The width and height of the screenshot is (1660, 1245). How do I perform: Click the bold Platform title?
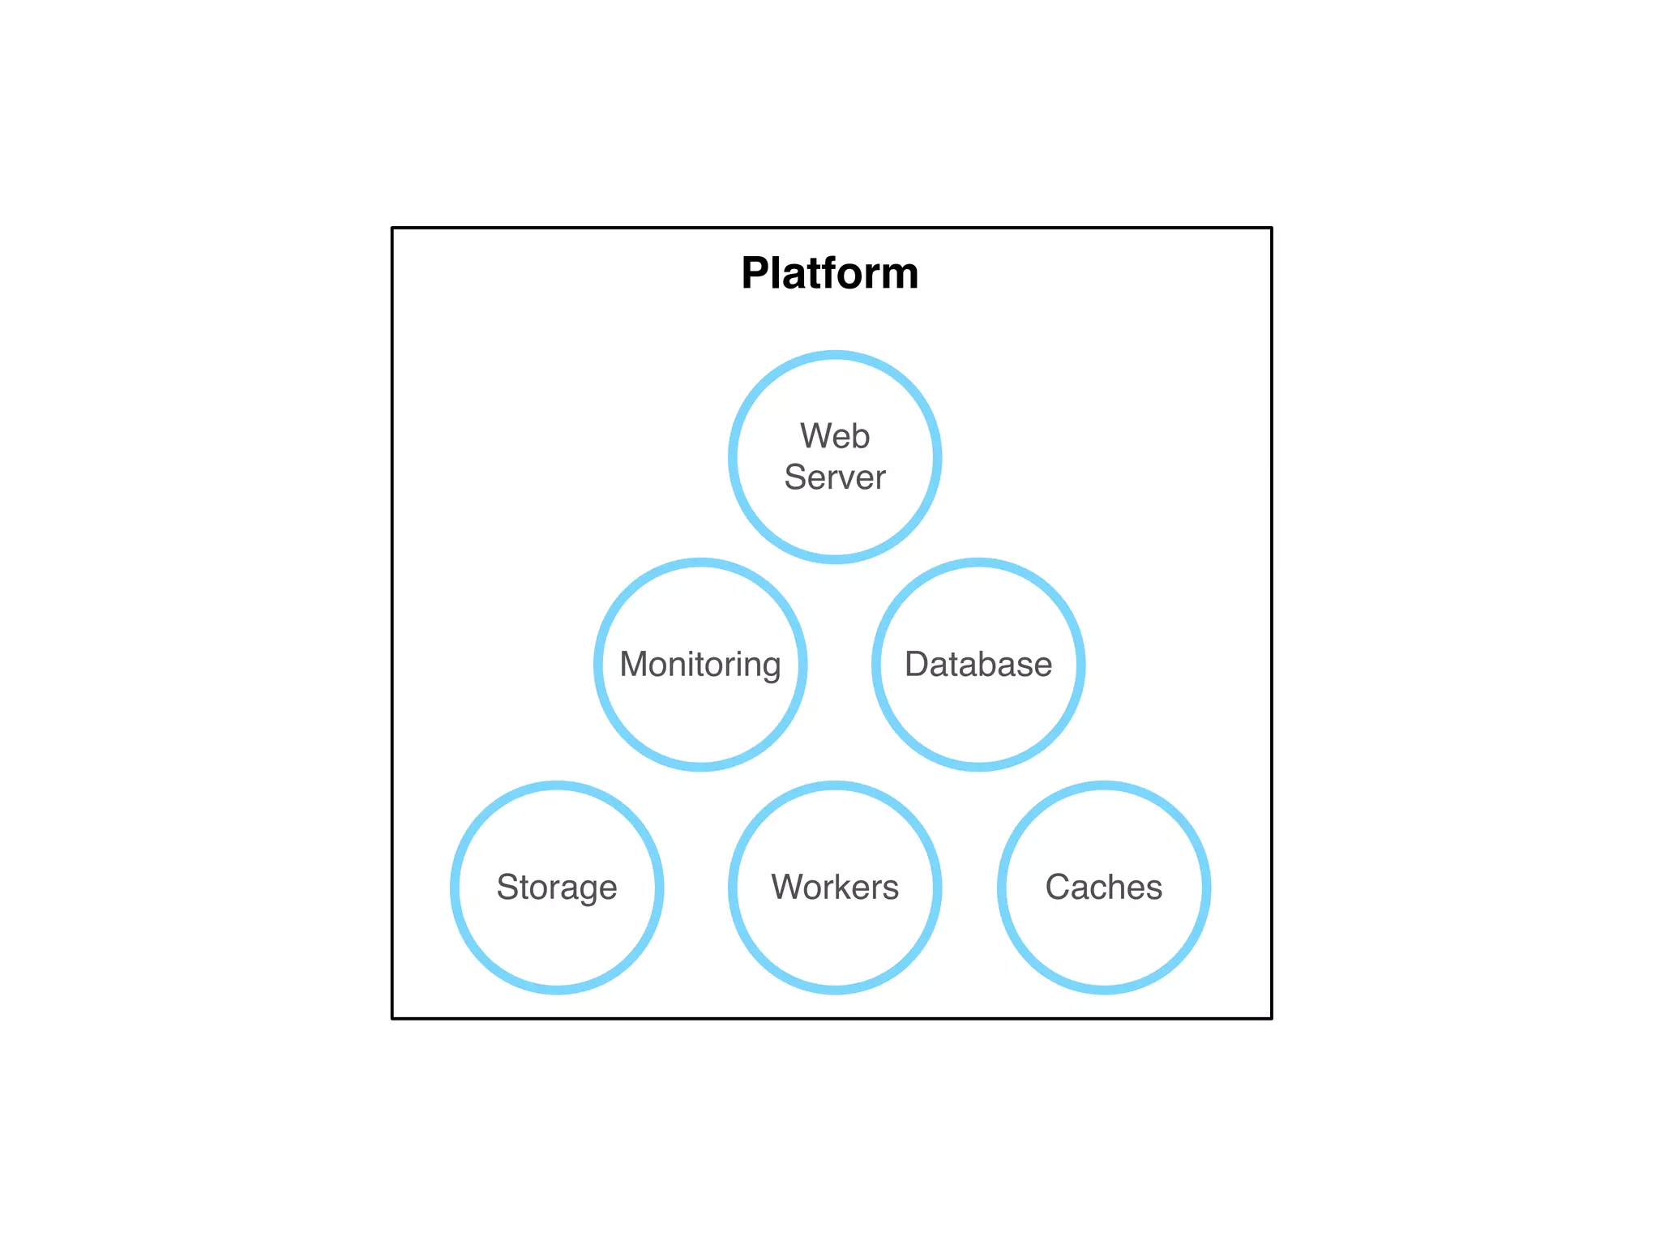click(829, 273)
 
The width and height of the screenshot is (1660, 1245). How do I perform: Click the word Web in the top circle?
click(835, 436)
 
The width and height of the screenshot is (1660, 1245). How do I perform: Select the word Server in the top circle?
click(835, 477)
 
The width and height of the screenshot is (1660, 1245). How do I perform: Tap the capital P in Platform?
click(757, 273)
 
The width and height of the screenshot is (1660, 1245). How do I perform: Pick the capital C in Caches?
click(1059, 887)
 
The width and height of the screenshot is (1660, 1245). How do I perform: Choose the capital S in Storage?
click(507, 887)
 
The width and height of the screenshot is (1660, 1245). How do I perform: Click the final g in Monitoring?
click(771, 669)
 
